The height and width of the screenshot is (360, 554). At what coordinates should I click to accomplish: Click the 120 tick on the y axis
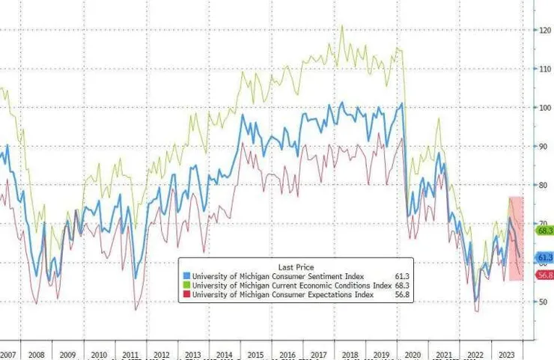point(544,30)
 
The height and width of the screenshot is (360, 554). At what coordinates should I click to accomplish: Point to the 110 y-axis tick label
point(544,69)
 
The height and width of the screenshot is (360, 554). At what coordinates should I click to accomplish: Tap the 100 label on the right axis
point(544,108)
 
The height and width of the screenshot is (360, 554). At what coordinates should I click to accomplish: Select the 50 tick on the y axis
point(544,302)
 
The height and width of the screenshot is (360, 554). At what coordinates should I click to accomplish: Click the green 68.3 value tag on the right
point(544,231)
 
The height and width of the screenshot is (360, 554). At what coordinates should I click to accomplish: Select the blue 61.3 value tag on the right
point(544,257)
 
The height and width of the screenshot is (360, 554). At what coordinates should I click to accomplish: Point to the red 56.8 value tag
point(544,275)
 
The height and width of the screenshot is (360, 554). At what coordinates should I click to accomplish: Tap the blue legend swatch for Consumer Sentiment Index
point(186,276)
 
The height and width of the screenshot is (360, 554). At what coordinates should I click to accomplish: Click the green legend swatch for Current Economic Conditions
point(186,285)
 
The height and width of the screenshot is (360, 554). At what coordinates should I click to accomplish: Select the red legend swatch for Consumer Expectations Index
point(186,294)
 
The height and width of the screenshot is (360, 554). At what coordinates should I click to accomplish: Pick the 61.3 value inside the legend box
point(404,276)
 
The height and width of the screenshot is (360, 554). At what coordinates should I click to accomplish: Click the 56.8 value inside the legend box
point(404,294)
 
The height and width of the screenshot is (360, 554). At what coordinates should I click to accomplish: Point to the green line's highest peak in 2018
point(342,26)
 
